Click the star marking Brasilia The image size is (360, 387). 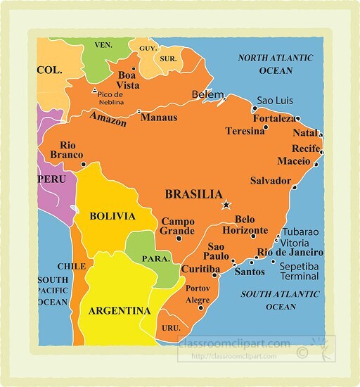[226, 205]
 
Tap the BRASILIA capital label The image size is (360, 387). [193, 194]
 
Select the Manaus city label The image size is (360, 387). [159, 118]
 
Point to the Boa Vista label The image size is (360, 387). [127, 80]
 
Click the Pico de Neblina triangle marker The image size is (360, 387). [95, 91]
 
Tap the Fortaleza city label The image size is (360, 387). [274, 118]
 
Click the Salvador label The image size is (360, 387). [271, 180]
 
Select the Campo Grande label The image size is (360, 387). [177, 226]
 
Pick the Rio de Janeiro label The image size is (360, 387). [290, 253]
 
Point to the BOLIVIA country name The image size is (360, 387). [112, 216]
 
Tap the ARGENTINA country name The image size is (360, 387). [120, 310]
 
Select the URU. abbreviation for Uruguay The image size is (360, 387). [172, 328]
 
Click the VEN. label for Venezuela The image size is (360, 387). [104, 45]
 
